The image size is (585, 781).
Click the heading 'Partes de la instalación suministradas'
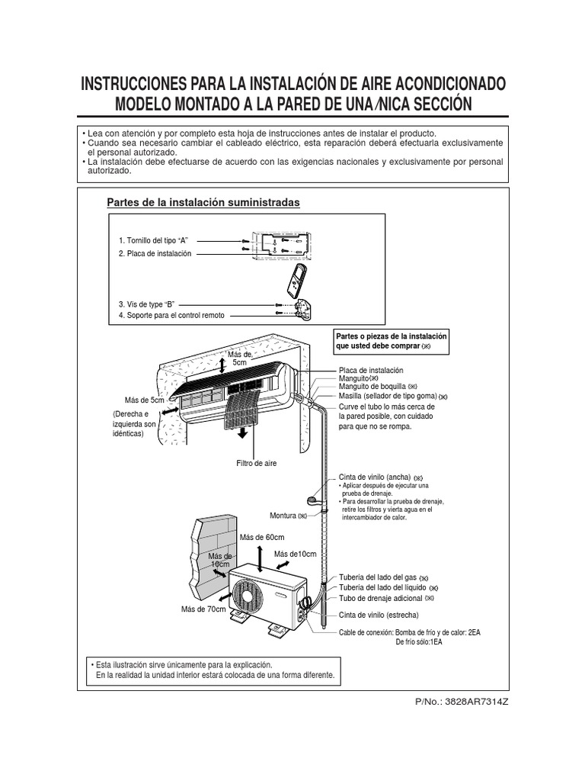tap(203, 202)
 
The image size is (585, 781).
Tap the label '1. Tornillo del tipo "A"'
tap(153, 240)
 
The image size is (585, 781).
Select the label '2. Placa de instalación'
tap(155, 253)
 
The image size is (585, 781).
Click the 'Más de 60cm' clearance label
tap(261, 538)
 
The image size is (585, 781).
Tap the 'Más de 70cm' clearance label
tap(203, 609)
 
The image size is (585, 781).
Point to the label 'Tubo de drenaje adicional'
tap(380, 599)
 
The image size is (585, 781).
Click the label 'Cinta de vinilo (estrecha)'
tap(379, 615)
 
